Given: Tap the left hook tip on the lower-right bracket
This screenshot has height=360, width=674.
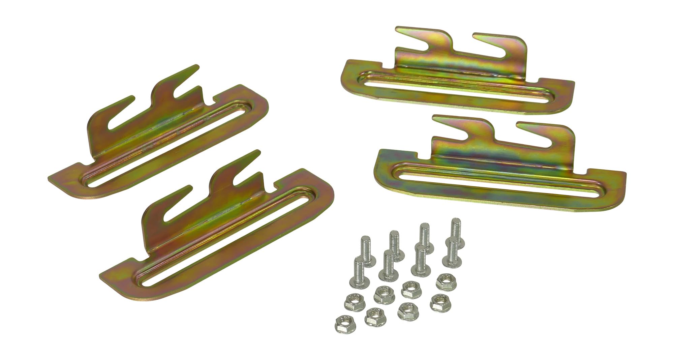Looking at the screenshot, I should tap(435, 118).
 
